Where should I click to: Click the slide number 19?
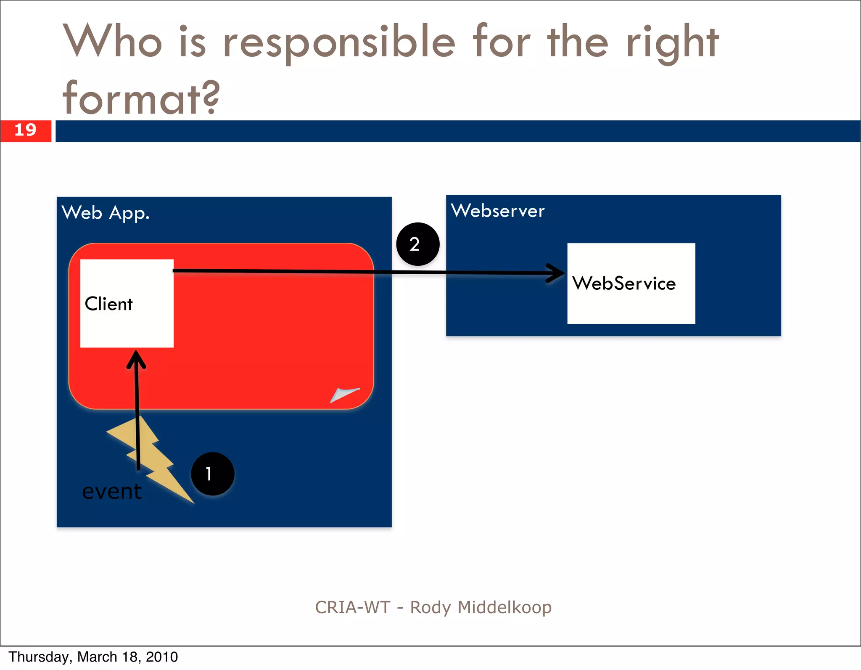click(x=25, y=130)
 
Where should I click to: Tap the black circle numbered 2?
click(x=417, y=244)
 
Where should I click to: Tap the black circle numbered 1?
click(x=212, y=474)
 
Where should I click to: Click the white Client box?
click(x=127, y=303)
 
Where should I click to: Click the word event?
click(x=111, y=491)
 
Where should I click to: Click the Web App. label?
click(x=105, y=213)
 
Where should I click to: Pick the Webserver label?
click(x=497, y=211)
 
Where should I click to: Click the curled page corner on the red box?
click(x=344, y=395)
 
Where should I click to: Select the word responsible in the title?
click(x=339, y=42)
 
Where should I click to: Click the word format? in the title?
click(x=141, y=98)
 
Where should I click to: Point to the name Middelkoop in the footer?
click(x=504, y=607)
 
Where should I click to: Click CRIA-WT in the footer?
click(x=353, y=607)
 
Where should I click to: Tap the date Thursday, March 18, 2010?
click(x=93, y=657)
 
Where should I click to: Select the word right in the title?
click(x=672, y=42)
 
